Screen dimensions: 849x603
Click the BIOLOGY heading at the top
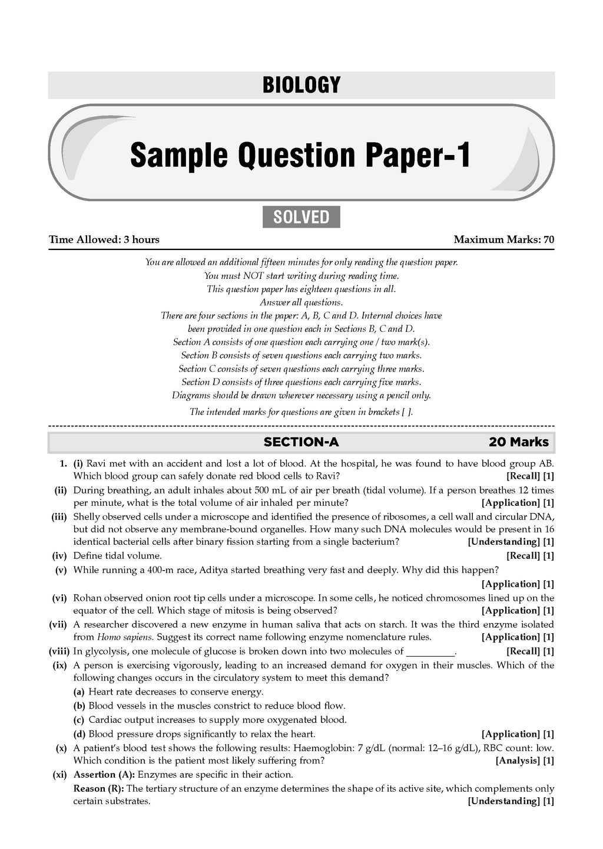point(301,85)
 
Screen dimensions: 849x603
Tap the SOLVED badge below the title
point(301,217)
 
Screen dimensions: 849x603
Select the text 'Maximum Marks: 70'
point(503,239)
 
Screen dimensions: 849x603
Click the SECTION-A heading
point(301,442)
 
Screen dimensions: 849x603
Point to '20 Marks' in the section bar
point(518,442)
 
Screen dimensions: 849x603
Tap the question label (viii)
point(59,651)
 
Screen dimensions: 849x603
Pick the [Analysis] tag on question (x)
point(518,761)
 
